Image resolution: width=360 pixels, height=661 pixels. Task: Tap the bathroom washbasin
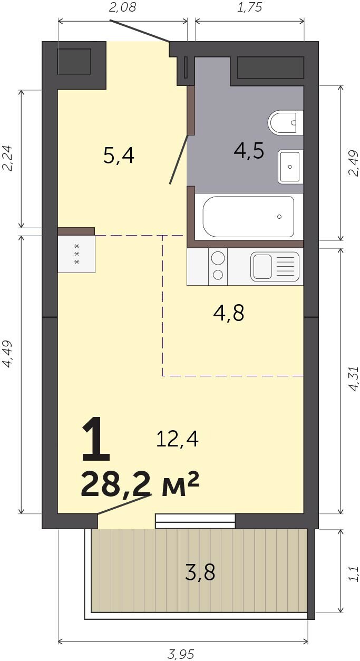(290, 167)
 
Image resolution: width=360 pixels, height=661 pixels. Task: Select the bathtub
(248, 217)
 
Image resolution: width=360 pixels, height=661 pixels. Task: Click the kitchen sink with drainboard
(275, 267)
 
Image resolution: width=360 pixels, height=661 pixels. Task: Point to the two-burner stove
(218, 267)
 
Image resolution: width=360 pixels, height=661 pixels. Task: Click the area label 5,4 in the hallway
(119, 156)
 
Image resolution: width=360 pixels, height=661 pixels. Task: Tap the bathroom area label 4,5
(249, 151)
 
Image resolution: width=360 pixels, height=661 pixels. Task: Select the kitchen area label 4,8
(229, 313)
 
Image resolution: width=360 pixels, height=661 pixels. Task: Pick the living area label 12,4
(177, 439)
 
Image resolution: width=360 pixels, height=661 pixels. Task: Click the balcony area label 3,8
(200, 572)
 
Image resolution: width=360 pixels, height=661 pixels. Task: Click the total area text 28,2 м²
(140, 484)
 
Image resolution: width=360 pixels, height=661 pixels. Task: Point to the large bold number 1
(96, 439)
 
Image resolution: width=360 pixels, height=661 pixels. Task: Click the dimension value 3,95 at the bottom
(181, 654)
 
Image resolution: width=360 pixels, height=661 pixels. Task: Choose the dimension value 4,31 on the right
(353, 379)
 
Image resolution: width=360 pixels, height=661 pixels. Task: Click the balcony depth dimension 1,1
(353, 573)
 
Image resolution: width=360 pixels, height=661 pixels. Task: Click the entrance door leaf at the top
(140, 31)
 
